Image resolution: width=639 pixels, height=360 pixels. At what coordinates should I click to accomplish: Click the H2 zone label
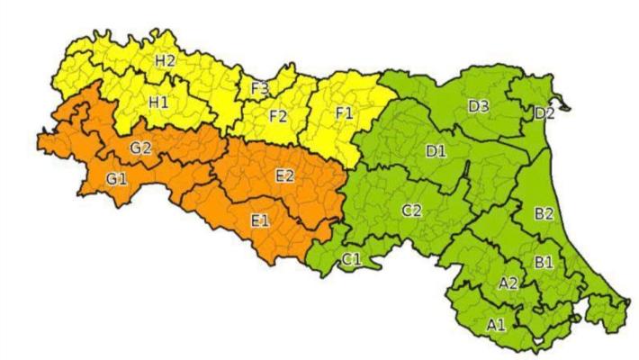pos(165,61)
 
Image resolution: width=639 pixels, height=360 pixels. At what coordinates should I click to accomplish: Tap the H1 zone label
pos(158,103)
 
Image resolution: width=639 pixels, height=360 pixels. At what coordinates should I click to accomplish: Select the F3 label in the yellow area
pos(261,88)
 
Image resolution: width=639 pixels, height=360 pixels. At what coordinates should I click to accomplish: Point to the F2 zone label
pos(278,115)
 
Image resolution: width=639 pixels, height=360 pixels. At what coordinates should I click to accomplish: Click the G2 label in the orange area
pos(140,148)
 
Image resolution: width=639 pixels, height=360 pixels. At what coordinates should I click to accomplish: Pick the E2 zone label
pos(283,176)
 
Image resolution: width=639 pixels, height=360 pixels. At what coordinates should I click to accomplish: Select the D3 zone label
pos(479,106)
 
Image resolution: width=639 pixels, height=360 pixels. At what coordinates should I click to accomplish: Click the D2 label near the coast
pos(544,113)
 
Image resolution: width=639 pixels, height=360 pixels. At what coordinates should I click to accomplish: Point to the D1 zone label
pos(436,151)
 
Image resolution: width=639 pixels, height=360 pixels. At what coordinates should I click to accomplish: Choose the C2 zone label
pos(411,211)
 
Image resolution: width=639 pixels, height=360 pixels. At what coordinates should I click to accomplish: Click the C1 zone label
pos(351,260)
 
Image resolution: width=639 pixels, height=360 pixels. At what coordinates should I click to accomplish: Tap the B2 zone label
pos(544,214)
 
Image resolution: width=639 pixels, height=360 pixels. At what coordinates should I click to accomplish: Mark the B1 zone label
pos(544,263)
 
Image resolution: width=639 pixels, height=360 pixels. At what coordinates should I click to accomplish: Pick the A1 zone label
pos(495,324)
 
